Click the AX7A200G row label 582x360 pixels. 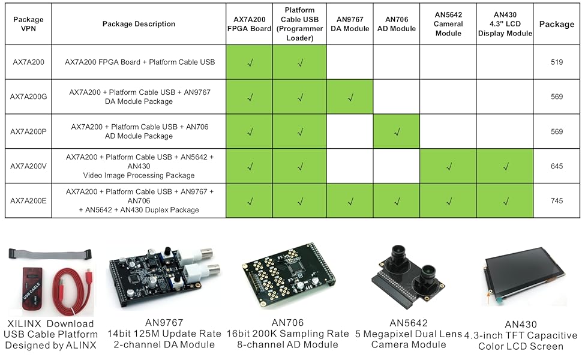point(28,97)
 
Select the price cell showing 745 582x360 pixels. point(557,201)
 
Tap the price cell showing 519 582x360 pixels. point(557,62)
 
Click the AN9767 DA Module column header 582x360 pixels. point(350,24)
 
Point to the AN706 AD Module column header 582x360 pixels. point(396,24)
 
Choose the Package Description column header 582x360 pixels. point(139,24)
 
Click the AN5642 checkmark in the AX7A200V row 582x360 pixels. point(448,166)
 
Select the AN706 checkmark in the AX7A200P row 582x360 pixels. point(396,131)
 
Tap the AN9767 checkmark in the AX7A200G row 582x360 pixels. point(350,97)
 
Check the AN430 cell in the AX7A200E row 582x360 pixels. point(505,201)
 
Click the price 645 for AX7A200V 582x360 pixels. point(557,166)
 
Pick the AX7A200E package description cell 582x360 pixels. point(139,201)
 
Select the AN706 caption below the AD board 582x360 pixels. point(287,323)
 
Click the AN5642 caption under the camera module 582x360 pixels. point(408,323)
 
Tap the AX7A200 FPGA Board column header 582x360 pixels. point(250,24)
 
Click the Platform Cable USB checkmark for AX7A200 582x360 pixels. point(299,62)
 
